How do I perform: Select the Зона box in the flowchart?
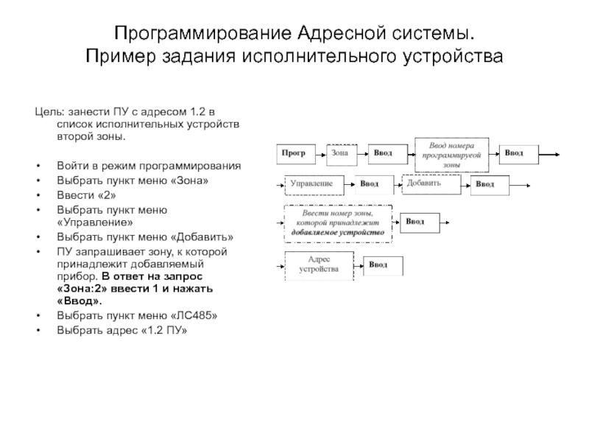tap(341, 153)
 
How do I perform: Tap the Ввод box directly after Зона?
tap(385, 153)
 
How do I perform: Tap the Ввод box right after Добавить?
tap(486, 184)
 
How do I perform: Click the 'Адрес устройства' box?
tap(319, 264)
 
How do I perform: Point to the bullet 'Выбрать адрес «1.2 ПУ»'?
tap(122, 329)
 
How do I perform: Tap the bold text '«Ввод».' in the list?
tap(80, 301)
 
